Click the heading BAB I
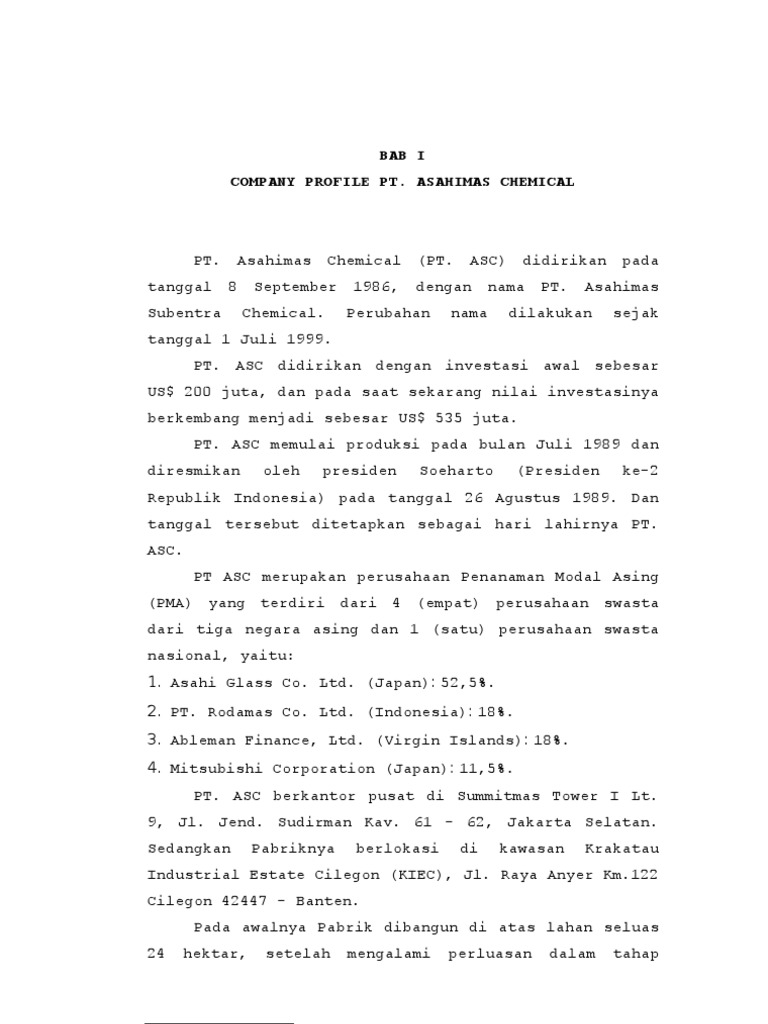click(402, 156)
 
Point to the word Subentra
click(180, 313)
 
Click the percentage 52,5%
click(467, 684)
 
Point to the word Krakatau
click(624, 848)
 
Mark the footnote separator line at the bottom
click(219, 1023)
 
